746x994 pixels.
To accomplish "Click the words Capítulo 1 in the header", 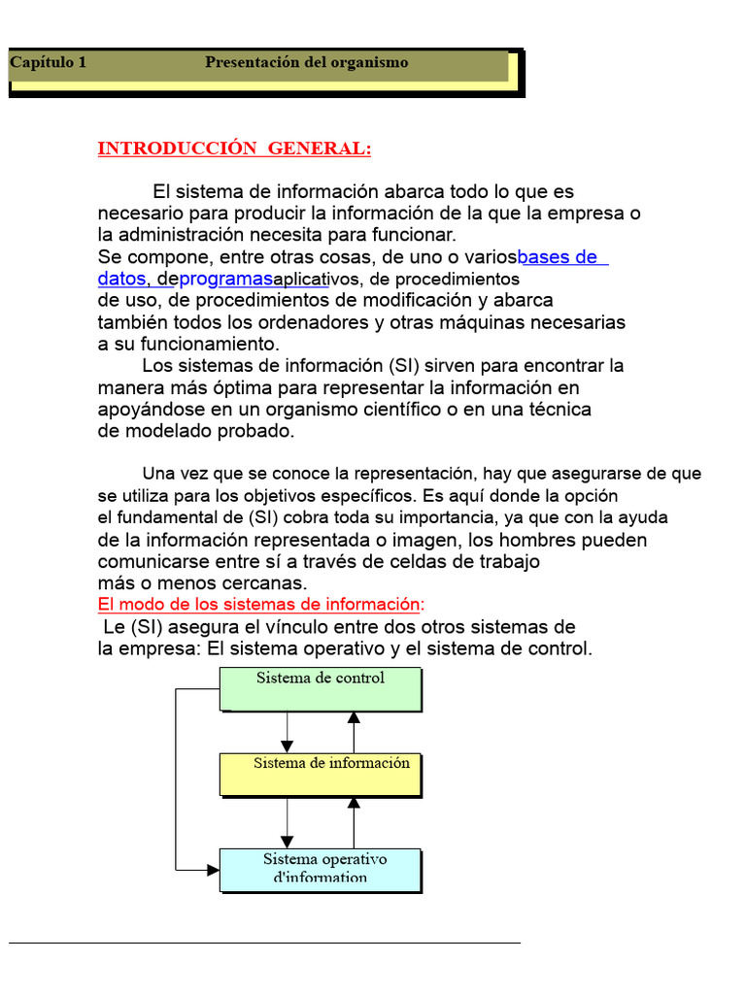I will click(x=48, y=63).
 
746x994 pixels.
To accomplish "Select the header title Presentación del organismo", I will click(x=306, y=63).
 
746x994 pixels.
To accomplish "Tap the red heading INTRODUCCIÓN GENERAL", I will click(x=234, y=149).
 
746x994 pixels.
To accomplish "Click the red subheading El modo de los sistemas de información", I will click(x=260, y=605).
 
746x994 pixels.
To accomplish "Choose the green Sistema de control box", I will click(x=321, y=690).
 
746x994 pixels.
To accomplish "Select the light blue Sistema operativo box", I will click(x=321, y=870).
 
